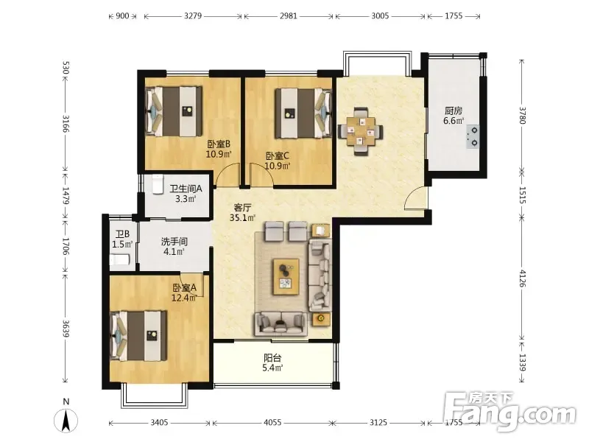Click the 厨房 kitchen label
coord(454,110)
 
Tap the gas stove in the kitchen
coord(473,136)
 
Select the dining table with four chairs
coord(361,132)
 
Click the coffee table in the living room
coord(286,277)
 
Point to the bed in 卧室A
coord(138,336)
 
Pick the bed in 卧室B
coord(174,111)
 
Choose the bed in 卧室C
coord(303,113)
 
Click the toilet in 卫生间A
coord(157,184)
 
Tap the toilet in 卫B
coord(120,260)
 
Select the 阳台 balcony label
coord(272,358)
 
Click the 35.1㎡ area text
coord(243,217)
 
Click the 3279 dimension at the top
coord(193,15)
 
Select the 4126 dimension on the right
coord(522,278)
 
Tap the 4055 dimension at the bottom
coord(272,422)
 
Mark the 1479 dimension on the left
coord(66,196)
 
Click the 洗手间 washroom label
coord(174,242)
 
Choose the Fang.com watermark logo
coord(509,412)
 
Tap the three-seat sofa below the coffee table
coord(281,323)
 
